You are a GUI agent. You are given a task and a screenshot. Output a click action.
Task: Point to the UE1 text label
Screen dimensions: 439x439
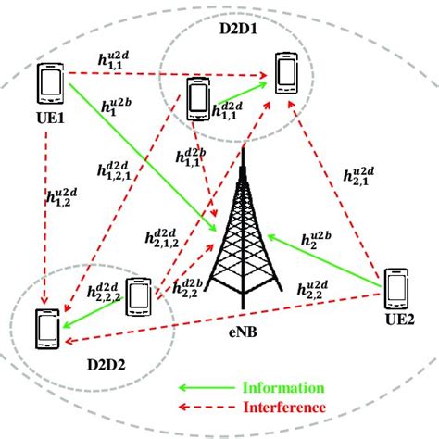click(x=47, y=119)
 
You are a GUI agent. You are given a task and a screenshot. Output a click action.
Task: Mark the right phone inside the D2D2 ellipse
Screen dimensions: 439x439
click(x=138, y=298)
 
